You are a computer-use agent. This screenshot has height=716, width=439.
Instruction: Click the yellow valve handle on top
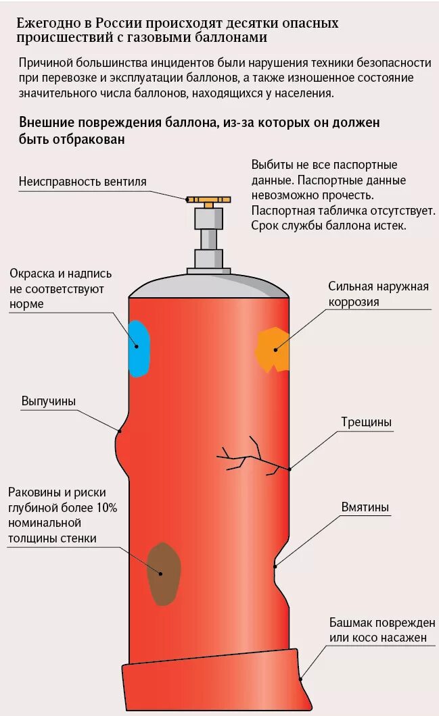coord(208,200)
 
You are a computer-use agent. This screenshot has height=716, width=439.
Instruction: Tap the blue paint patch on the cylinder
coord(139,348)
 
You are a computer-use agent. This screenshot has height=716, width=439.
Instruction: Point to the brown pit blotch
coord(164,573)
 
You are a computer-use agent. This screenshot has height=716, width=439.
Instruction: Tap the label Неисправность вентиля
coord(83,182)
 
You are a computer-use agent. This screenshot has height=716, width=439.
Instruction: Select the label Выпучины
coord(49,401)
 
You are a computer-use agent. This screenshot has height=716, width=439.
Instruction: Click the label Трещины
coord(366,423)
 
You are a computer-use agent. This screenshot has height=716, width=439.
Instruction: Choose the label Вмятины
coord(365,507)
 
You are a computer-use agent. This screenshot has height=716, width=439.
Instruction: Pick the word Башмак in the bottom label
coord(351,623)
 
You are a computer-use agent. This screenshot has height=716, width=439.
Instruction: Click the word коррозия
coord(354,301)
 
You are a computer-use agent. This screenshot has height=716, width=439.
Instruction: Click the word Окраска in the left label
coord(32,274)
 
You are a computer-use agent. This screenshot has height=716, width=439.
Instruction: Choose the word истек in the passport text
coord(391,225)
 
